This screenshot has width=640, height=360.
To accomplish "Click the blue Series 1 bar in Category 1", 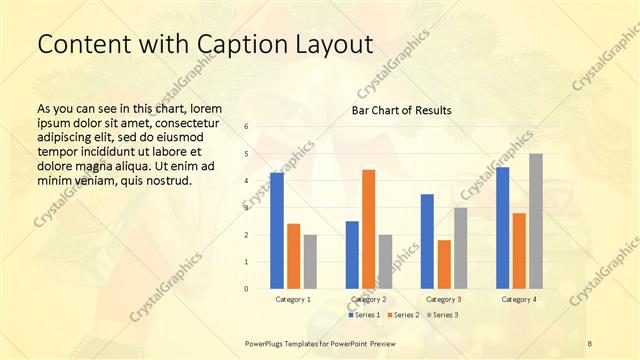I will [x=277, y=231].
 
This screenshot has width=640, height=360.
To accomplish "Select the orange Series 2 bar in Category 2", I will [x=369, y=229].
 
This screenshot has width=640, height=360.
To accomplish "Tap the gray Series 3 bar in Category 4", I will [x=536, y=221].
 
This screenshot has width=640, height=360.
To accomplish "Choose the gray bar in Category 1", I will [x=310, y=262].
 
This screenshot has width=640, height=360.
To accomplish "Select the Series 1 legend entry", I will [x=364, y=315].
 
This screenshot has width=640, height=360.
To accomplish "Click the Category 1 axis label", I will [x=293, y=299].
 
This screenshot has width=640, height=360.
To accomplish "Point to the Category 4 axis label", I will [x=519, y=299].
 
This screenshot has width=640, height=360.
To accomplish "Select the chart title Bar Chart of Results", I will [x=402, y=110].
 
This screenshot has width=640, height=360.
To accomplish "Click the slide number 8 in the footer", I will [x=590, y=343].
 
